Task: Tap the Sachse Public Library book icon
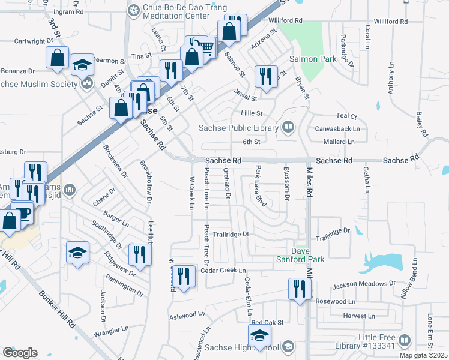click(x=288, y=127)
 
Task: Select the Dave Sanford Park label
click(x=308, y=255)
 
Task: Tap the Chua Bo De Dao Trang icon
click(x=133, y=10)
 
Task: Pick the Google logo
click(x=20, y=352)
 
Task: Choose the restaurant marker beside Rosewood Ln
click(x=298, y=289)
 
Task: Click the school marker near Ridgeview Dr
click(x=78, y=252)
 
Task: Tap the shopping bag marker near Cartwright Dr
click(x=58, y=58)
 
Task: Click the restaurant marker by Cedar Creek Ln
click(x=185, y=276)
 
